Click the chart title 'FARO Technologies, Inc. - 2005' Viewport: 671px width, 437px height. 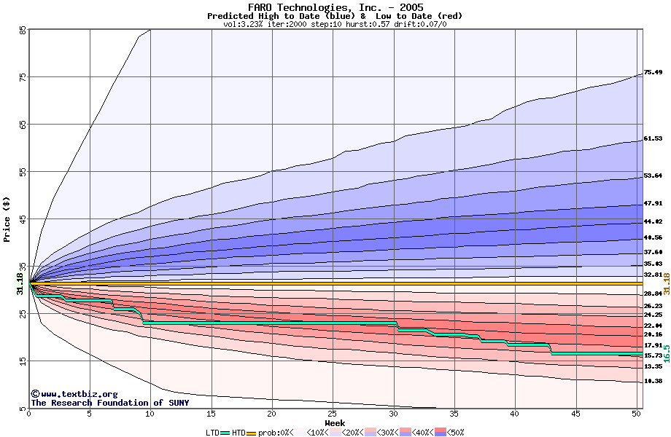[x=335, y=7]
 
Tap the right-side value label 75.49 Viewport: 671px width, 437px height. [x=653, y=73]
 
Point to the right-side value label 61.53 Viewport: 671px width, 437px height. [x=653, y=138]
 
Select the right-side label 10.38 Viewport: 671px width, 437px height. [x=653, y=381]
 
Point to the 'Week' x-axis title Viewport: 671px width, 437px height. [x=335, y=423]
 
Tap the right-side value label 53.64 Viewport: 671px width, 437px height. [x=653, y=176]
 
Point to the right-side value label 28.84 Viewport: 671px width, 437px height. [x=653, y=294]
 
